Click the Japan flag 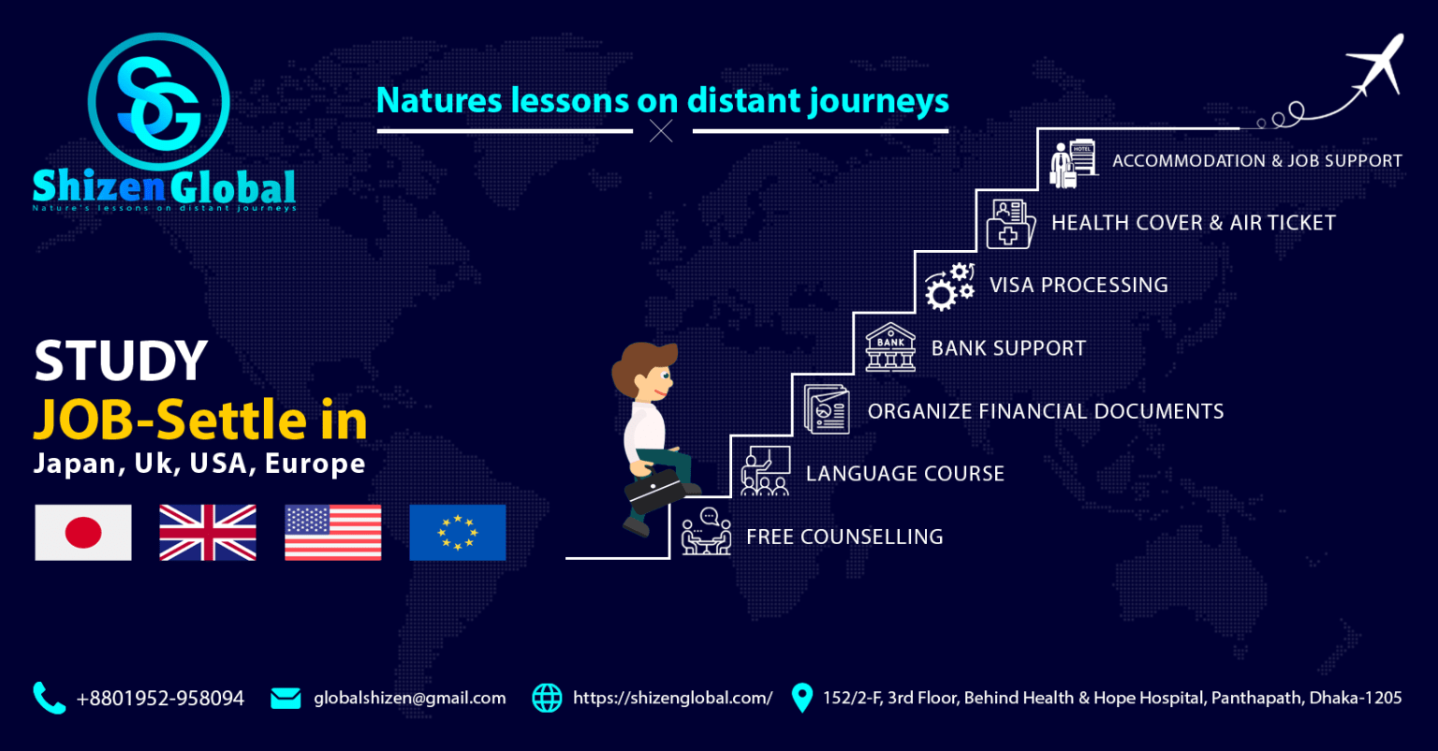[83, 532]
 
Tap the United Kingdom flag [208, 532]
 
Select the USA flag [332, 532]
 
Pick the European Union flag [458, 532]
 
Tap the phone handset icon [49, 698]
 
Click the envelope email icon [286, 699]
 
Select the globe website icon [547, 698]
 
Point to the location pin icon [801, 698]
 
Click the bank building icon [890, 347]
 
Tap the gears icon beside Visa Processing [949, 287]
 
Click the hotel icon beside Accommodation [1074, 163]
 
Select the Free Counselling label [844, 537]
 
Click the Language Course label [905, 474]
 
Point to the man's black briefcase [654, 491]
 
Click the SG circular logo [159, 101]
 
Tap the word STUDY [121, 361]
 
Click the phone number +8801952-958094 [160, 699]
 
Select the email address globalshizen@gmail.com [409, 699]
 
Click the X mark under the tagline [661, 131]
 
